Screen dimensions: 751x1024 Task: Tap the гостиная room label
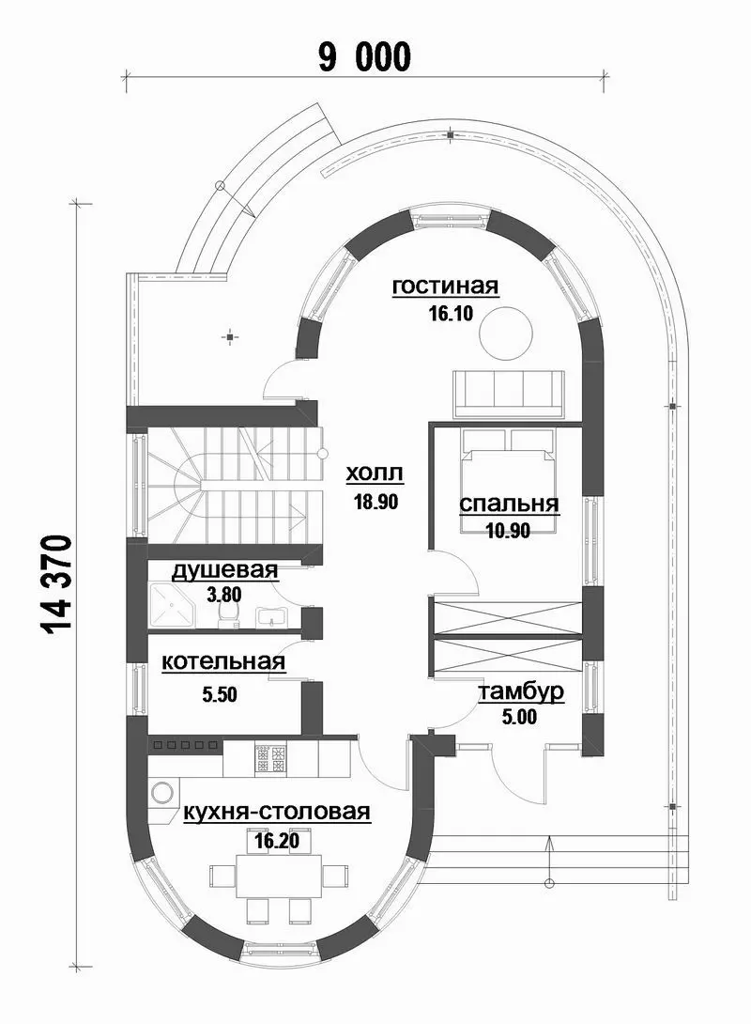445,286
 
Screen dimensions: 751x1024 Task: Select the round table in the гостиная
506,333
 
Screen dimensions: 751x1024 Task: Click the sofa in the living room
508,393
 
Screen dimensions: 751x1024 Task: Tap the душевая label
224,570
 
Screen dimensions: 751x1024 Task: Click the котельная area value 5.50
220,695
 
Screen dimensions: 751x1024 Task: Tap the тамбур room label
522,692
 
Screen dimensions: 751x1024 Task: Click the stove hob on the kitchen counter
270,758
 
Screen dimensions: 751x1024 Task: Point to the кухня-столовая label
277,812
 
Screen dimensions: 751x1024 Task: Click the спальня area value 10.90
508,531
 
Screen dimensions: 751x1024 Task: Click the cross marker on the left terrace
230,337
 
